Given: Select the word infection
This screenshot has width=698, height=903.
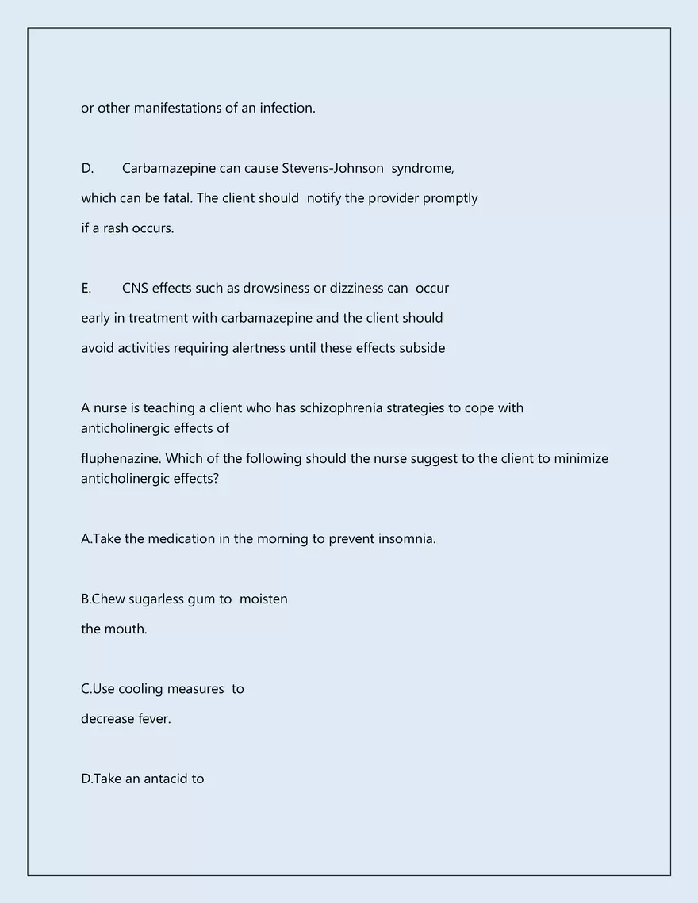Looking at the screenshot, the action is pyautogui.click(x=287, y=108).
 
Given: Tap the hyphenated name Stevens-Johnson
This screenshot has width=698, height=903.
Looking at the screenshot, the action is pyautogui.click(x=333, y=168).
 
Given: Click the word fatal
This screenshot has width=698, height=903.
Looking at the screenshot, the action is pyautogui.click(x=174, y=198).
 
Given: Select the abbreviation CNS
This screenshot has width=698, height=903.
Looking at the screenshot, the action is pyautogui.click(x=135, y=288).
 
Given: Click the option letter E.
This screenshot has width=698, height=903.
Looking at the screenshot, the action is pyautogui.click(x=86, y=288).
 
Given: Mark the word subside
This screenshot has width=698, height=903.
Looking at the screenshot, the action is pyautogui.click(x=423, y=348).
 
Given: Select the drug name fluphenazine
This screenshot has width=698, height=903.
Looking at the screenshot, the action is pyautogui.click(x=121, y=458).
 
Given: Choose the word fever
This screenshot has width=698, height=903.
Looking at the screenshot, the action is pyautogui.click(x=153, y=719).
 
